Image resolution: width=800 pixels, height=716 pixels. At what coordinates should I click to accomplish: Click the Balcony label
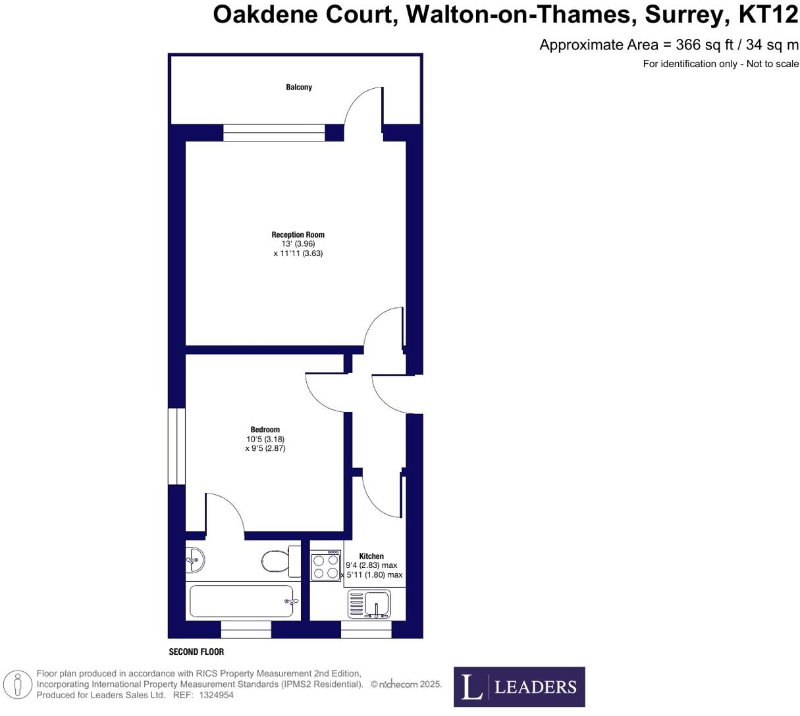299,88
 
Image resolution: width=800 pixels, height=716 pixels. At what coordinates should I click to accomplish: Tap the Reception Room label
298,235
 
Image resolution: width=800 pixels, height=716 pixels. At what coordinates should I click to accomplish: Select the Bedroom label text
265,430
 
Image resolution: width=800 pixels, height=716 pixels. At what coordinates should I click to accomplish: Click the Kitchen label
371,556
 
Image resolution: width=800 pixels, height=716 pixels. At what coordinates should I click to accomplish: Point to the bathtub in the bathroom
242,601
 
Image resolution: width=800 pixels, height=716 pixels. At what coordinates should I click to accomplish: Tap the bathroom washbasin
196,561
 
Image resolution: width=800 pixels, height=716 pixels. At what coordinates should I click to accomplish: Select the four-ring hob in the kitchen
326,566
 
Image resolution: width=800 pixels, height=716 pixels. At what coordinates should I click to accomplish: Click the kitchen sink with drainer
369,604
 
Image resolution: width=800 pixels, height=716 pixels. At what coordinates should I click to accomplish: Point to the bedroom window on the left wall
176,446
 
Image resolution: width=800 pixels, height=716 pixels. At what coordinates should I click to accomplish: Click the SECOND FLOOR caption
196,652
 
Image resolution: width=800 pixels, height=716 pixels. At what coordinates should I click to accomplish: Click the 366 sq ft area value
702,45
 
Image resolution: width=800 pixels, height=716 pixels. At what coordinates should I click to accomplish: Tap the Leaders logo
519,687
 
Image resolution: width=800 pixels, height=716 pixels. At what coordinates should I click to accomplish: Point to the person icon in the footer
18,684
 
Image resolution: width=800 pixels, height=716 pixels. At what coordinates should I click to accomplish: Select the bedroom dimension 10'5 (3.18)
265,439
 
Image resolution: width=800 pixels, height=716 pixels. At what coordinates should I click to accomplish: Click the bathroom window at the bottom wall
246,630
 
